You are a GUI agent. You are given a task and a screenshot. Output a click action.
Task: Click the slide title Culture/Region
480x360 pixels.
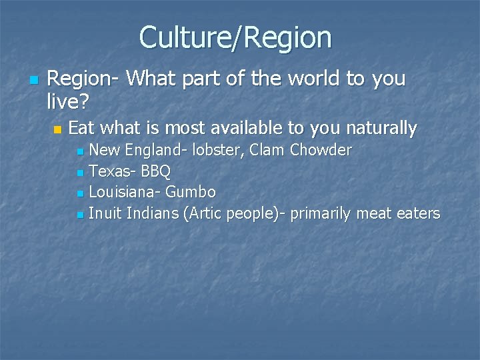[235, 37]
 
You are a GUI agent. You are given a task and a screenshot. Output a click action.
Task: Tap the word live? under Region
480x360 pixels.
[71, 101]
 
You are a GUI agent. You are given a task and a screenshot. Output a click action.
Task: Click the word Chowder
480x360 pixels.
[321, 151]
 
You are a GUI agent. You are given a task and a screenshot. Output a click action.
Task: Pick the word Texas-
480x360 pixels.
[112, 171]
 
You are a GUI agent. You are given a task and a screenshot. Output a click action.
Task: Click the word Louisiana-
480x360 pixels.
[125, 193]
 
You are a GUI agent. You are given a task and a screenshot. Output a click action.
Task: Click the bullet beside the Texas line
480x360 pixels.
[80, 173]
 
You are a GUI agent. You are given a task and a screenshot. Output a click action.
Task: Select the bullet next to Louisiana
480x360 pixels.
[80, 194]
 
